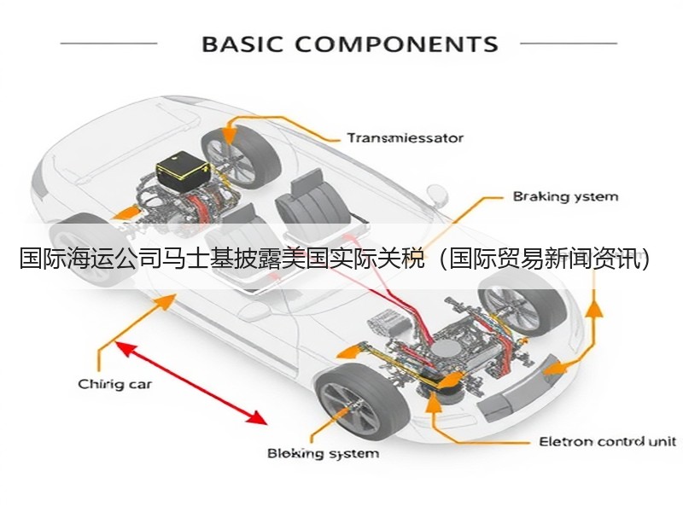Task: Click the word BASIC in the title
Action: point(242,44)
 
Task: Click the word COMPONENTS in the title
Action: point(396,44)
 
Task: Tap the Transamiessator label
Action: point(405,138)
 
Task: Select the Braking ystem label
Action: point(565,197)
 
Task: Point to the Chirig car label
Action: point(115,385)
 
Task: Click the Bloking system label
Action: point(324,454)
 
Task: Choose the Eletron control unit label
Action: point(608,442)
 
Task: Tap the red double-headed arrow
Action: point(190,382)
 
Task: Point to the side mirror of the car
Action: point(437,195)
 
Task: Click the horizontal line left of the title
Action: point(108,44)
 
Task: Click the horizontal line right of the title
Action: point(569,44)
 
